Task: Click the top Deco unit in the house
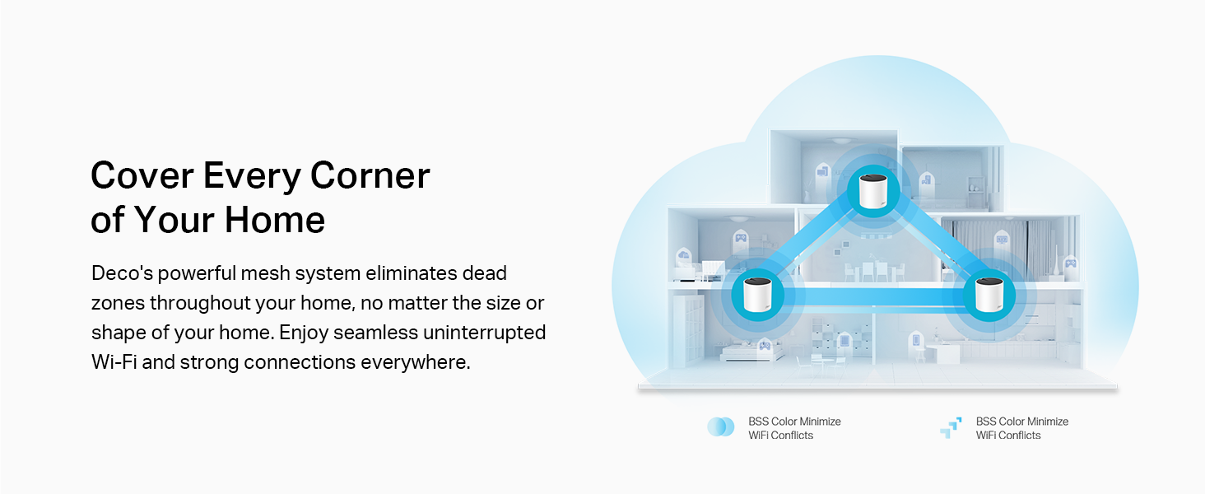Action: tap(873, 191)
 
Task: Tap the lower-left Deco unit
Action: tap(757, 295)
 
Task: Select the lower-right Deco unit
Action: tap(989, 295)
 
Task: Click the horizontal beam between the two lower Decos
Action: tap(873, 296)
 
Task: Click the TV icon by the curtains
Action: tap(1002, 239)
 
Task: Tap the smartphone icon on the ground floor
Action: tap(916, 339)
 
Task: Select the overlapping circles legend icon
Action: tap(720, 426)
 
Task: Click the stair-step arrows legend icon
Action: tap(951, 427)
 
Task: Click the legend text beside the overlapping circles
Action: tap(794, 428)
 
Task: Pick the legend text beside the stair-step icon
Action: tap(1021, 428)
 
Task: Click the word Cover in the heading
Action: tap(142, 175)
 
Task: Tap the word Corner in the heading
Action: tap(370, 175)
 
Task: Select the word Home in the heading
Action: tap(275, 220)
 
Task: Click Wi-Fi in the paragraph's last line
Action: tap(114, 362)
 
